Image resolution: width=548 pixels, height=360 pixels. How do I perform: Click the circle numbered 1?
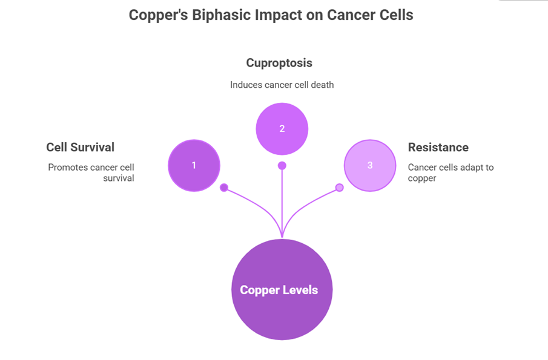pyautogui.click(x=194, y=165)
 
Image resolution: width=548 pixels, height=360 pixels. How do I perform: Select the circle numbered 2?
pyautogui.click(x=282, y=128)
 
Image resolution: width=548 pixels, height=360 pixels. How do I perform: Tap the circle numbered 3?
pyautogui.click(x=369, y=165)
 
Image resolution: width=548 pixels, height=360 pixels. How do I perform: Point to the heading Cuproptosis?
pyautogui.click(x=279, y=63)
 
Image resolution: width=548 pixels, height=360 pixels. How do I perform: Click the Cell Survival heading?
pyautogui.click(x=80, y=147)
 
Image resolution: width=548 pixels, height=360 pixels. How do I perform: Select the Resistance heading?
pyautogui.click(x=438, y=147)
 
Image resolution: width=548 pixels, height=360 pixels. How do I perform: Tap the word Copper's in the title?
pyautogui.click(x=157, y=15)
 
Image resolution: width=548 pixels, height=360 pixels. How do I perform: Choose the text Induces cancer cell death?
pyautogui.click(x=282, y=85)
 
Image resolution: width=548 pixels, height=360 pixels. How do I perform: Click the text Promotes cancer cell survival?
pyautogui.click(x=91, y=172)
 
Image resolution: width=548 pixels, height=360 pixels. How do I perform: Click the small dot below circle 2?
pyautogui.click(x=282, y=166)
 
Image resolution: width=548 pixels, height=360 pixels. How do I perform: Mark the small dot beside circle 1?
pyautogui.click(x=224, y=188)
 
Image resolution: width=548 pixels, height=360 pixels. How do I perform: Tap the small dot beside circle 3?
pyautogui.click(x=339, y=188)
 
